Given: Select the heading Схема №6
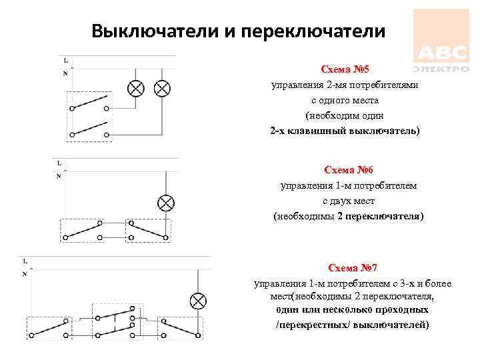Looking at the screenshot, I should click(349, 170).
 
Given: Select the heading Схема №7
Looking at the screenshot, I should click(353, 268).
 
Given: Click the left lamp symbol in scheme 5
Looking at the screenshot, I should click(136, 89).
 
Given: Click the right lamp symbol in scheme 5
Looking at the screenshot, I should click(161, 89).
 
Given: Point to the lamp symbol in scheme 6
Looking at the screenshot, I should click(165, 203).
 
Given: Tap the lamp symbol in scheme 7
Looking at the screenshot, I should click(197, 301).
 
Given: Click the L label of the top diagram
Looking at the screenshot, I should click(65, 60).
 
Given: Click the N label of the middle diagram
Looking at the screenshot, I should click(59, 177).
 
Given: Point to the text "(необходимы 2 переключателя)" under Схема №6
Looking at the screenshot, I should click(349, 217).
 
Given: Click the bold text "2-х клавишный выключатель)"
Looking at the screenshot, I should click(345, 131).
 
